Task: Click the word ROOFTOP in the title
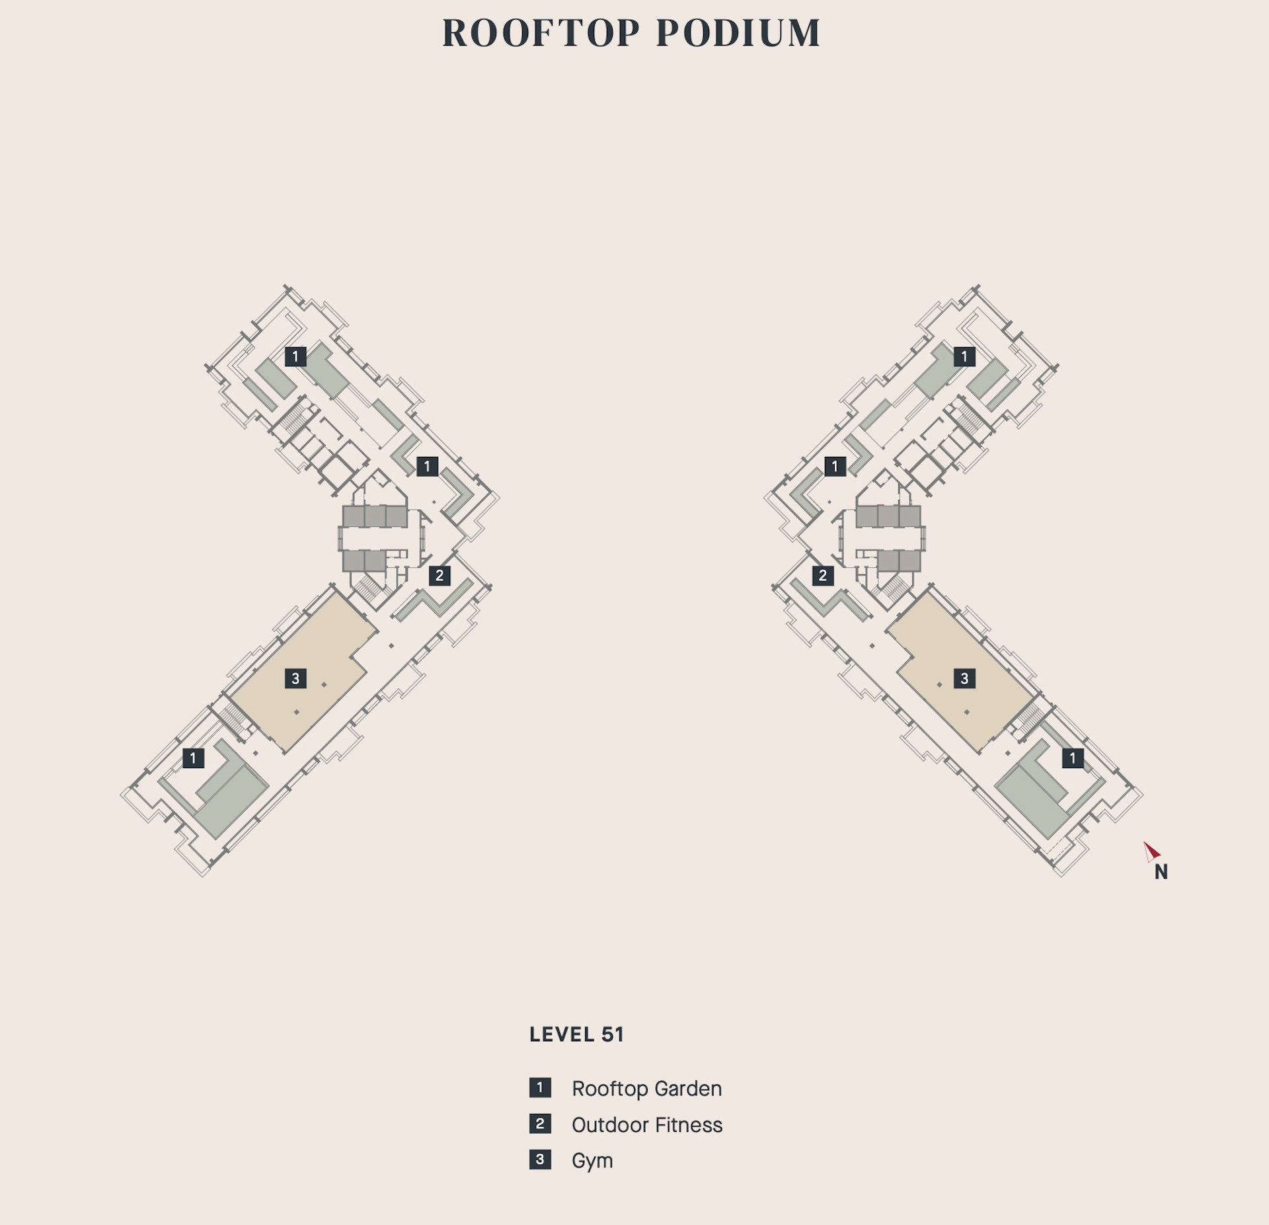coord(541,33)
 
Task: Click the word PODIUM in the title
coord(738,33)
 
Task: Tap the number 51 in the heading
coord(613,1035)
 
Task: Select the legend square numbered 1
coord(540,1087)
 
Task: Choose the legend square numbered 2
coord(540,1124)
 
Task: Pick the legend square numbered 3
coord(540,1160)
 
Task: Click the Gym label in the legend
coord(592,1161)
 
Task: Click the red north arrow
coord(1151,851)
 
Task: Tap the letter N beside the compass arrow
coord(1161,873)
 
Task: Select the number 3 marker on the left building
coord(295,678)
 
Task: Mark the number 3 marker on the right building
coord(964,678)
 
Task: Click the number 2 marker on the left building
coord(440,576)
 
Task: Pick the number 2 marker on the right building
coord(823,576)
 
